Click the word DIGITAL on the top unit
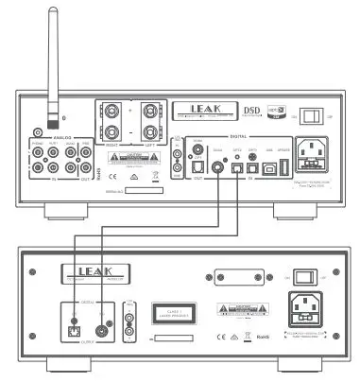(x=232, y=136)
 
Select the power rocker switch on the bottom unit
(x=302, y=276)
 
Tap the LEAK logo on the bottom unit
(x=64, y=276)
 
